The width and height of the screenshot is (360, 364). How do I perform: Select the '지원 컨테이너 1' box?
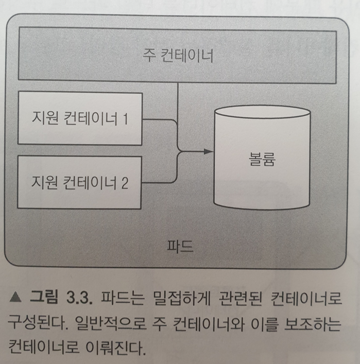(79, 118)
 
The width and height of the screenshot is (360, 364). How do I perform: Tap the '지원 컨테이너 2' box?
(79, 182)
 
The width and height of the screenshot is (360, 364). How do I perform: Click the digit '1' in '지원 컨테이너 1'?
(125, 118)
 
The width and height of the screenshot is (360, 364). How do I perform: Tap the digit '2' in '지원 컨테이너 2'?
(125, 182)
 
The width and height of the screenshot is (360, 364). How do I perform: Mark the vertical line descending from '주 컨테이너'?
(178, 103)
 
